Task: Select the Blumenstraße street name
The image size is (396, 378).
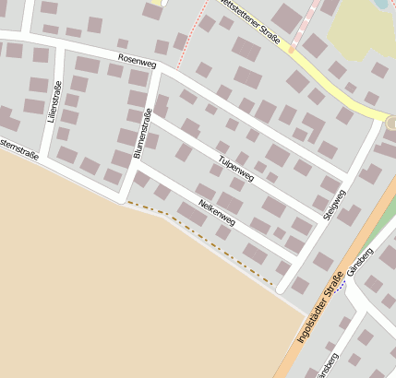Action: click(142, 134)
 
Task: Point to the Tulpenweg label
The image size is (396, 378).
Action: click(236, 167)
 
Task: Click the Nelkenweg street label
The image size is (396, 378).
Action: click(216, 213)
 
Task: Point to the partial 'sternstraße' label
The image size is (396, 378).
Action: click(18, 148)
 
